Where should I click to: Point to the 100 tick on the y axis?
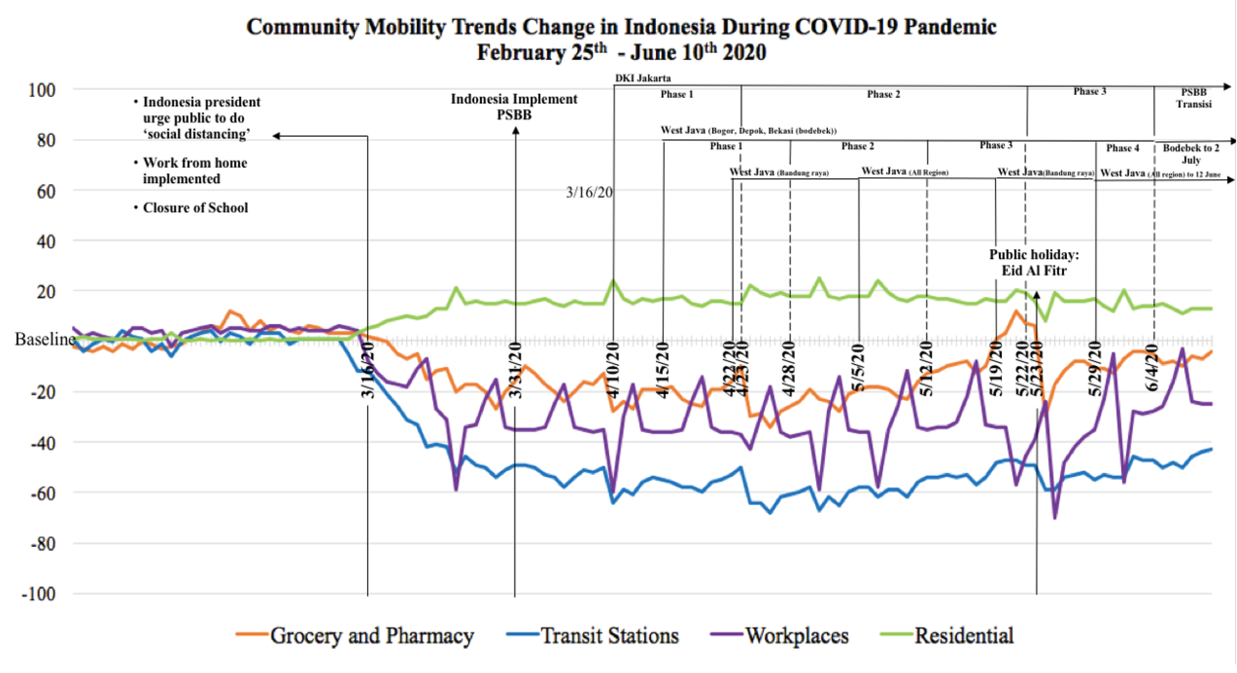click(x=42, y=90)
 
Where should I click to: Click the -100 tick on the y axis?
click(x=39, y=594)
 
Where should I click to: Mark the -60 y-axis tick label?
click(x=43, y=493)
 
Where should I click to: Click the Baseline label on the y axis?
click(x=45, y=339)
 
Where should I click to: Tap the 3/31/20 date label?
click(x=515, y=370)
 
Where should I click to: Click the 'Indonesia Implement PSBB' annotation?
click(x=514, y=106)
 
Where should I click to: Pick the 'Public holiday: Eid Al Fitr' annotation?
click(x=1034, y=262)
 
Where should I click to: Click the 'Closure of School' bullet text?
click(x=195, y=207)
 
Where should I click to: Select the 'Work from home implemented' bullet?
click(x=194, y=170)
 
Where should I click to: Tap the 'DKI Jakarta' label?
click(x=643, y=78)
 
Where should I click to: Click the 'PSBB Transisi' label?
click(x=1194, y=98)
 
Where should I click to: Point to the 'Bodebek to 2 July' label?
click(x=1191, y=154)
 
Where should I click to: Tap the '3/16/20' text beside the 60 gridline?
click(x=589, y=192)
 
